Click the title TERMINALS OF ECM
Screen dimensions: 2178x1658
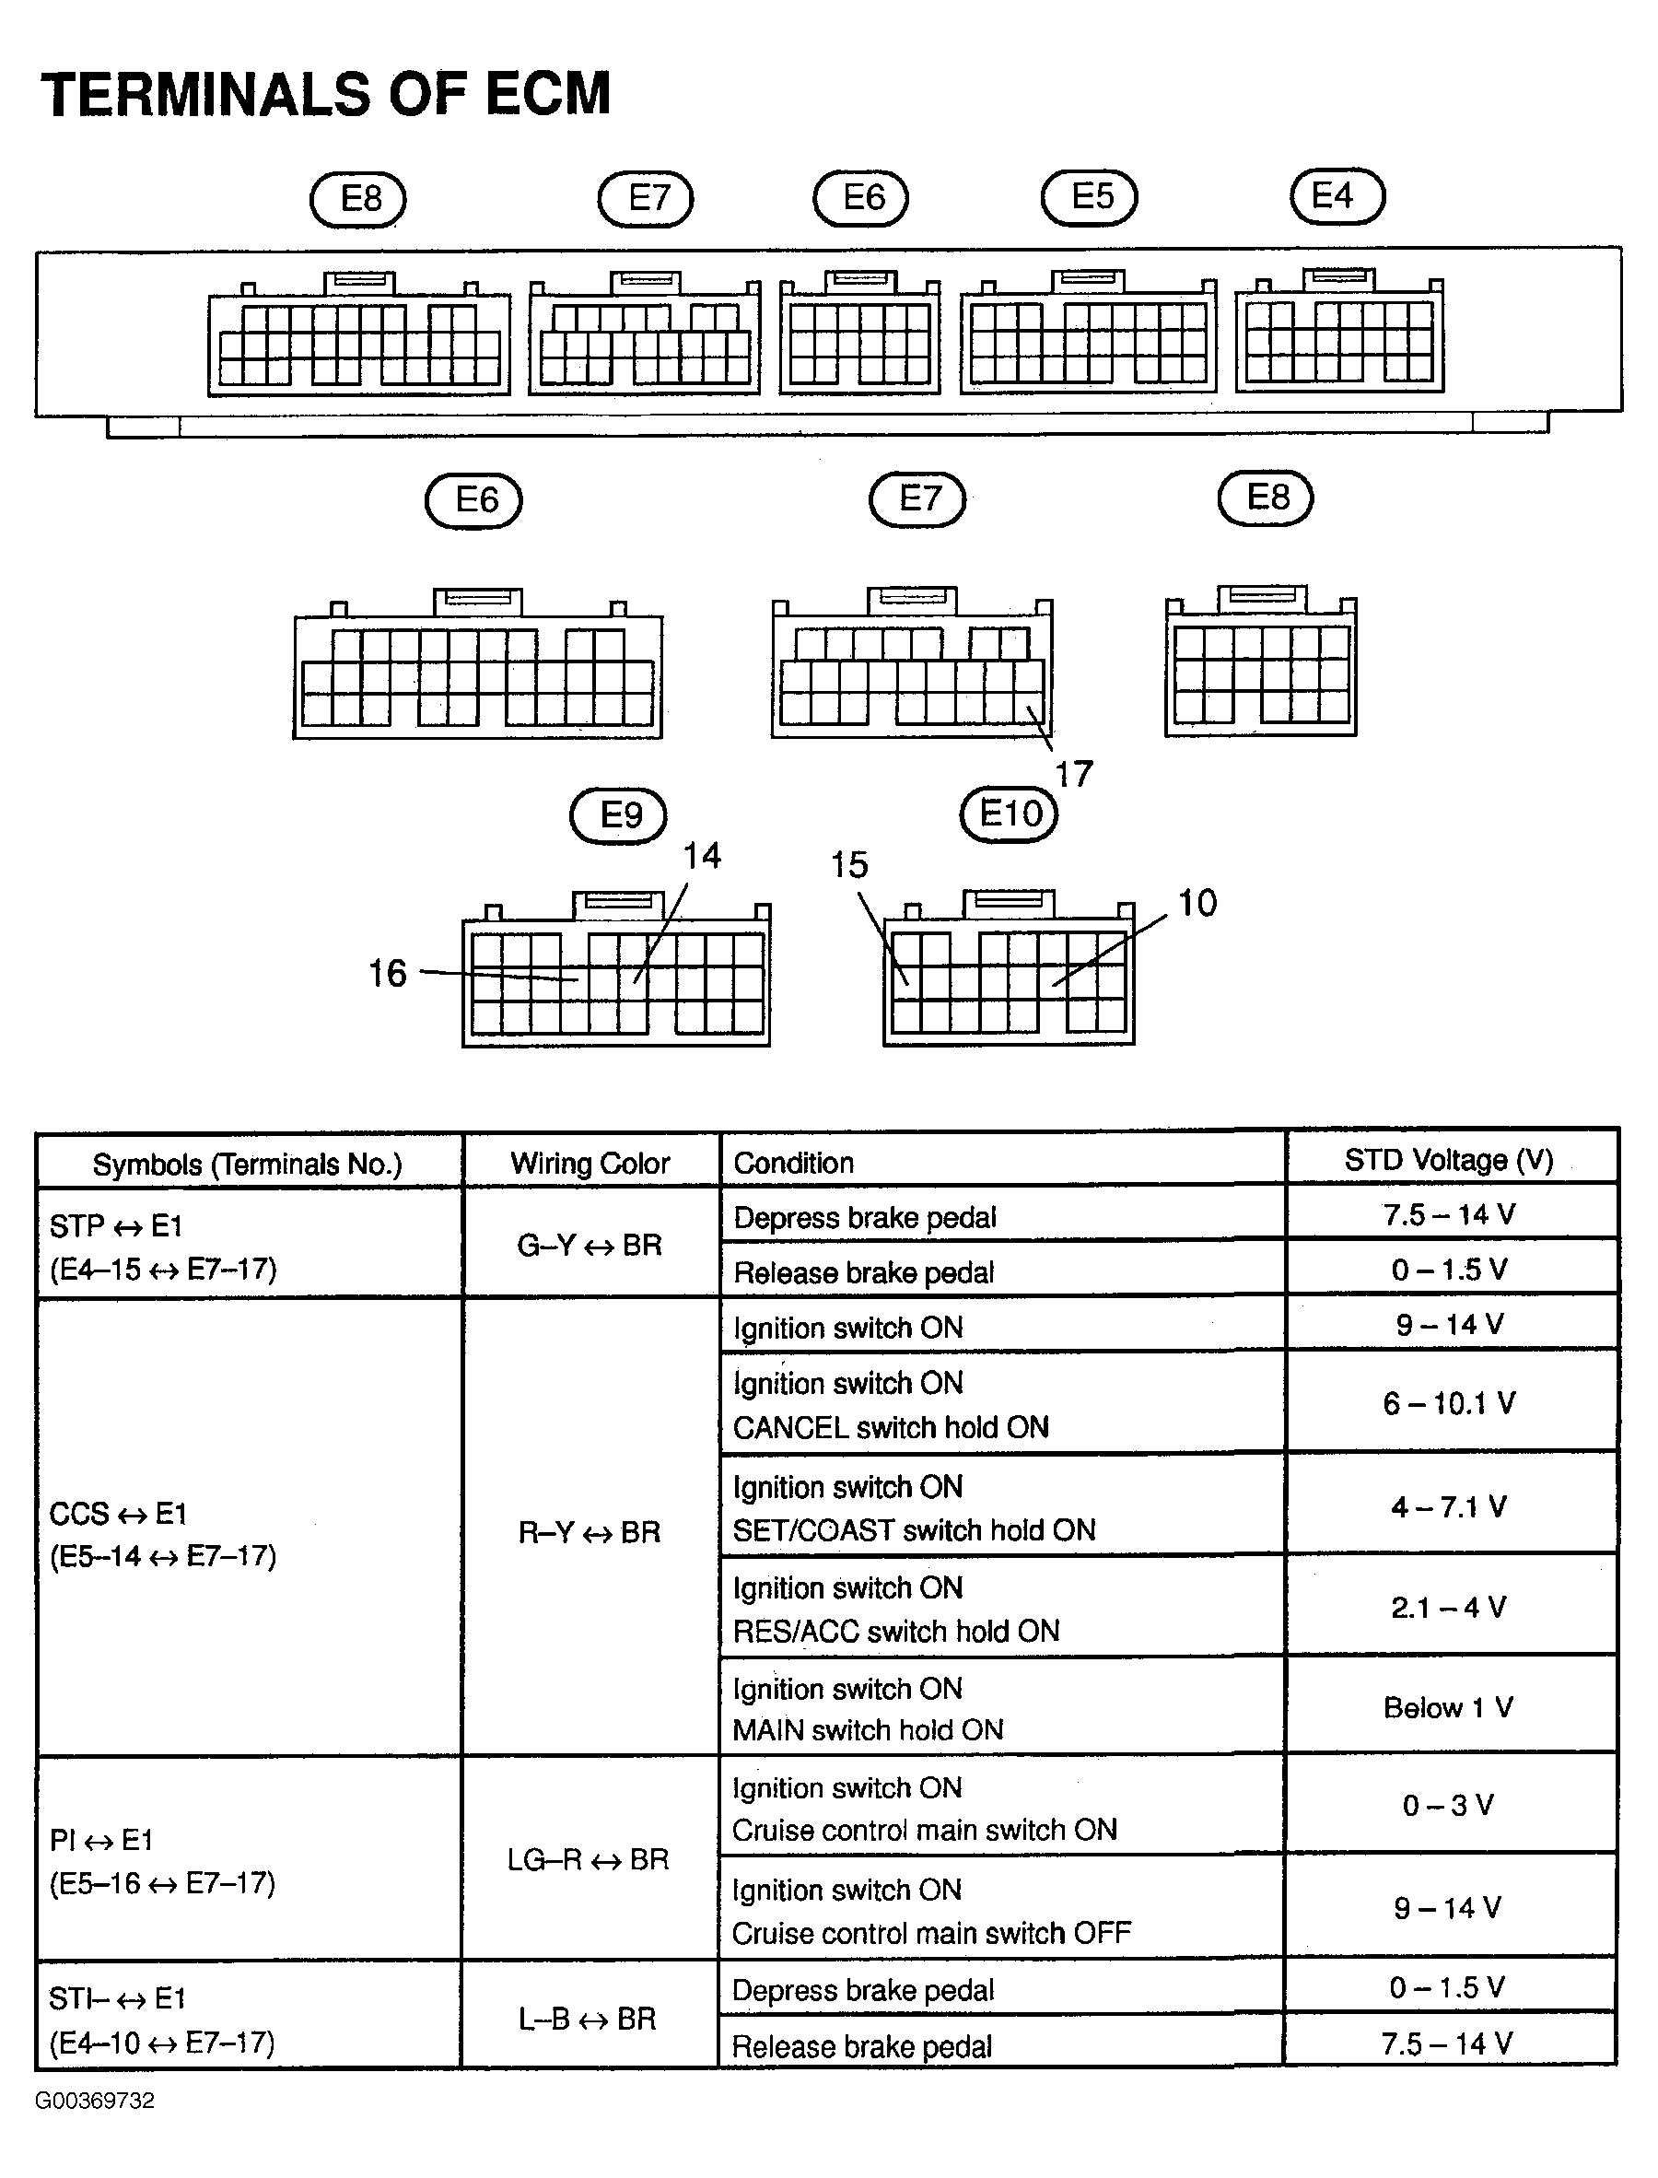point(326,95)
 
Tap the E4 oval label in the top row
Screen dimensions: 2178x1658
point(1337,195)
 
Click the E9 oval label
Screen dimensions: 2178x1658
point(619,815)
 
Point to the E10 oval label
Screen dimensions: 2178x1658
point(1009,814)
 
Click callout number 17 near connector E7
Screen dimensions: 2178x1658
point(1074,774)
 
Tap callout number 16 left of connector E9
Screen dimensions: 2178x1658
point(387,973)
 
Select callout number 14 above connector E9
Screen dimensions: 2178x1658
point(702,856)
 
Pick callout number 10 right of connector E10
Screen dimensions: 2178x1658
point(1197,903)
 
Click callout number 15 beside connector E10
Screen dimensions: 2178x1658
point(848,865)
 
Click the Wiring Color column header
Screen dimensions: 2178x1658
point(590,1163)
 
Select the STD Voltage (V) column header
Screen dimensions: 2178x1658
point(1449,1161)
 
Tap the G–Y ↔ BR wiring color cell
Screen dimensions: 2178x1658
point(590,1246)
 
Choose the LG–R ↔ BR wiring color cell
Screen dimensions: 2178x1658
point(589,1859)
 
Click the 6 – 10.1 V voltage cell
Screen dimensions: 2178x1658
point(1448,1402)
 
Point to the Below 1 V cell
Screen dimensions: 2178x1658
point(1448,1707)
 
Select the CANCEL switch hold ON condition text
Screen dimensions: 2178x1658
point(890,1427)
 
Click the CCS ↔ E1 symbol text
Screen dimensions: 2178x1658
point(119,1513)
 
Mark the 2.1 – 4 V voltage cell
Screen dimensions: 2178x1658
point(1448,1608)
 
